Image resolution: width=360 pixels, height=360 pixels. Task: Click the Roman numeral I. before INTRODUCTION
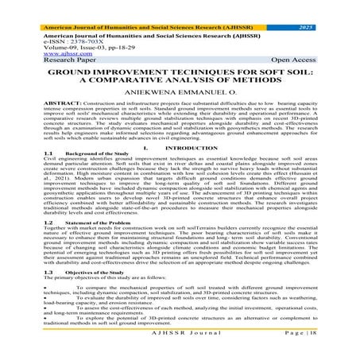coord(147,147)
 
